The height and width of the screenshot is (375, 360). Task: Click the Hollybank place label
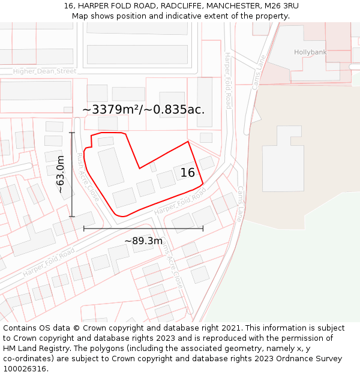coord(310,52)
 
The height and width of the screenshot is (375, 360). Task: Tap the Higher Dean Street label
coord(45,71)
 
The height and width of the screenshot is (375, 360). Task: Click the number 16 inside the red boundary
coord(187,173)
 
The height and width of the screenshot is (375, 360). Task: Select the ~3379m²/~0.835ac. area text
coord(143,109)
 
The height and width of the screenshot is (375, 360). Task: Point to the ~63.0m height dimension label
coord(60,174)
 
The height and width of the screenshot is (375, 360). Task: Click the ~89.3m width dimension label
coord(143,241)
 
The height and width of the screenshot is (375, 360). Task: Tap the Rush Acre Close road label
coord(87,176)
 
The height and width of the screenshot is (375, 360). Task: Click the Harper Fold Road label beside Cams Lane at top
coord(228,80)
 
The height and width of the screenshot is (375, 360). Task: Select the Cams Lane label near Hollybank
coord(259,73)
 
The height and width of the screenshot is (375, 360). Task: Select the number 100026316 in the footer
coord(24,368)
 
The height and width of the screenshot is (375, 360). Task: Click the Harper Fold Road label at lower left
coord(49,262)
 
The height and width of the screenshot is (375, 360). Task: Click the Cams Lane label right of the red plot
coord(239,203)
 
